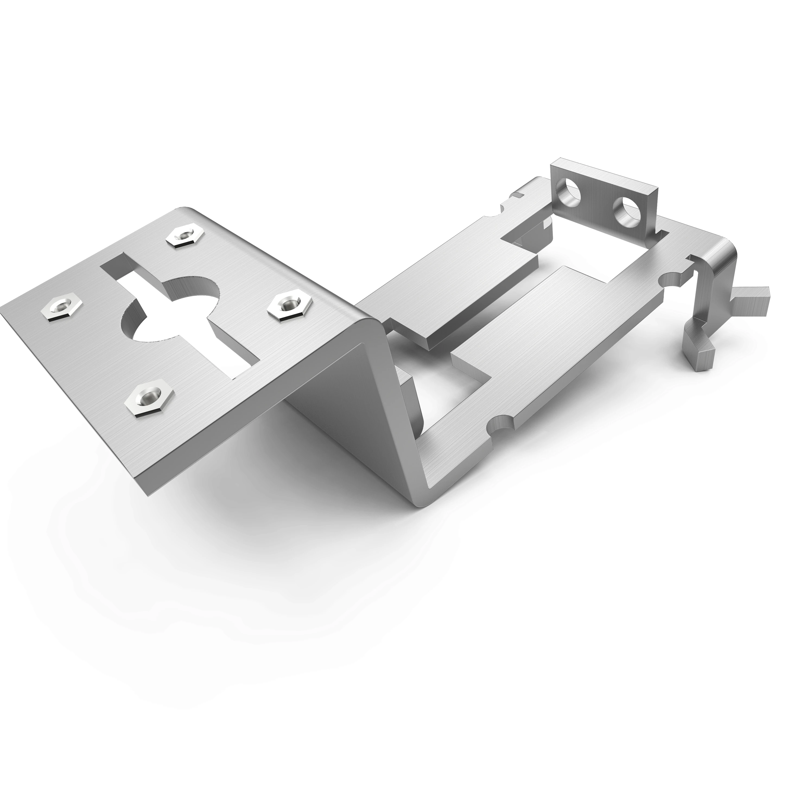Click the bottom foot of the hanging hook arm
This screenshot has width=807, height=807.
click(x=698, y=354)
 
